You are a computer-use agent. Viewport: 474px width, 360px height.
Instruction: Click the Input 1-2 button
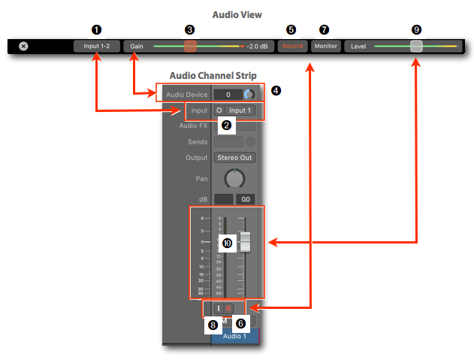pos(96,46)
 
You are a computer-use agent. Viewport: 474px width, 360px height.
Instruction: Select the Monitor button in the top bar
pos(325,46)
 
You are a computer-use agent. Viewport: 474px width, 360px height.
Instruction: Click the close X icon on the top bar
pos(23,46)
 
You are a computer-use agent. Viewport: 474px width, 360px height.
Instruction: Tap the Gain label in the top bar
pos(136,46)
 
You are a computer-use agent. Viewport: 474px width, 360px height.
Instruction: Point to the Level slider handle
pos(417,46)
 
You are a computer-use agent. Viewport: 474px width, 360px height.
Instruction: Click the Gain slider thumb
pos(190,46)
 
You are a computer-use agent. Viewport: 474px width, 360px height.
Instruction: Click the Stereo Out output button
pos(234,158)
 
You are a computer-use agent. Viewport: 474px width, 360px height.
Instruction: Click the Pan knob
pos(234,178)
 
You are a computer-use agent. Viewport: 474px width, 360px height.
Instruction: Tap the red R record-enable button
pos(228,308)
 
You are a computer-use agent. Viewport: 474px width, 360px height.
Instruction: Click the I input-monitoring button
pos(218,308)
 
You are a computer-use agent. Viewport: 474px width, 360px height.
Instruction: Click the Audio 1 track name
pos(234,336)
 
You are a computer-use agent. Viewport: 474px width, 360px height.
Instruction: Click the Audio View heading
pos(237,14)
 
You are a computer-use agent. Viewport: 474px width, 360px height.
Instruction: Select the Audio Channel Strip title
pos(213,75)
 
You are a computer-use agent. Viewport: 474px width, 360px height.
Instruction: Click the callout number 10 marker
pos(227,243)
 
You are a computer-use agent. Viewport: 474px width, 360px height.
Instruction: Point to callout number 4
pos(276,91)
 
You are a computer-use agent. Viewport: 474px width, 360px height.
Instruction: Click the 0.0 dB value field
pos(245,199)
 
